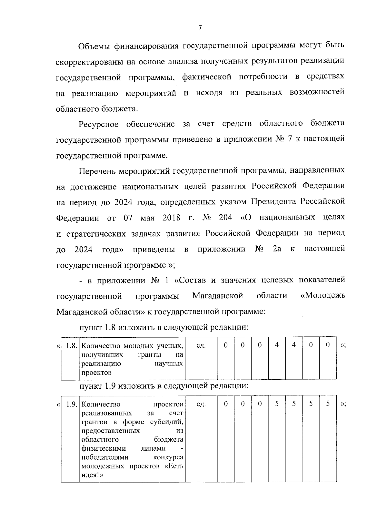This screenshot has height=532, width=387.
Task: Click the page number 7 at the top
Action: (200, 28)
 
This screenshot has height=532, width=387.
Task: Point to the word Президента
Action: (274, 201)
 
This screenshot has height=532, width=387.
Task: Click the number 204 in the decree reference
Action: (225, 217)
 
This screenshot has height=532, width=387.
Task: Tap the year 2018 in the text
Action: (171, 217)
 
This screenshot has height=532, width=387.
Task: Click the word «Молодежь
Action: (322, 296)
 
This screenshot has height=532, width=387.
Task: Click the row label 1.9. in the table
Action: (71, 404)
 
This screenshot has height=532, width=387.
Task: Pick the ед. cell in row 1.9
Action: (201, 404)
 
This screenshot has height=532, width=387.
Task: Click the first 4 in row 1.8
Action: (277, 345)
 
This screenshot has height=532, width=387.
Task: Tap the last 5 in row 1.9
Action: (328, 404)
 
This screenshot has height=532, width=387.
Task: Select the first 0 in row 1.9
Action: (226, 404)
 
